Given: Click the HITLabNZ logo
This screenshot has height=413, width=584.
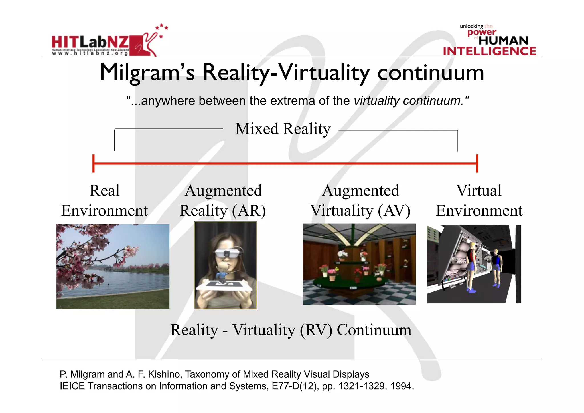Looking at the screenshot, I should coord(104,43).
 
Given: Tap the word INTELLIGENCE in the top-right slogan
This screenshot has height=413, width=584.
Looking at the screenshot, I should coord(489,51).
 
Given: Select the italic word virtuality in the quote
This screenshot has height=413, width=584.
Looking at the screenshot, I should coord(376,101).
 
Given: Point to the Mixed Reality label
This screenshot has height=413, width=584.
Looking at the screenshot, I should coord(283,129).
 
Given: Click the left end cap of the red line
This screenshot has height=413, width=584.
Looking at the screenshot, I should coord(94,164).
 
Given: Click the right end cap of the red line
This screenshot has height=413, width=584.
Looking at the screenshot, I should coord(477,164).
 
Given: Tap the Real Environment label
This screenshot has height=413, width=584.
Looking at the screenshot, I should coord(105,200).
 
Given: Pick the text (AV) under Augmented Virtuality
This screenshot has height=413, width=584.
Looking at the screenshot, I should coord(394,211).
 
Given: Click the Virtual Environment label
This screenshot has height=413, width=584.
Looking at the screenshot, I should coord(479,200).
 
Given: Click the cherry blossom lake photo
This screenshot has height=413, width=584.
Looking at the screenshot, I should coord(113,266).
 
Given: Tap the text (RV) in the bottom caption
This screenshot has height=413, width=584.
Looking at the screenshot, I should coord(316,330).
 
